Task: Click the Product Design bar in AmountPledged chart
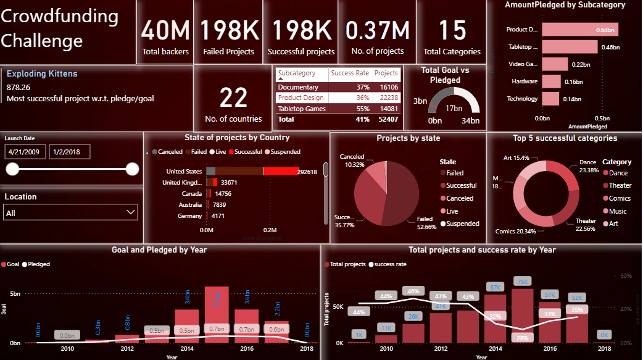point(579,30)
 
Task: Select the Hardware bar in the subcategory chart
point(551,82)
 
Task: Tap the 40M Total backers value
point(165,30)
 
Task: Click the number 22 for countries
point(233,97)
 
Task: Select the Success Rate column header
point(350,73)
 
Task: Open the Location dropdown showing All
point(71,213)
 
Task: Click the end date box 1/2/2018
point(69,152)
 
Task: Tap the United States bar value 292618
point(307,172)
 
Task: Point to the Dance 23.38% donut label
point(587,166)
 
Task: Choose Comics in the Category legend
point(620,198)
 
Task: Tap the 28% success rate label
point(521,338)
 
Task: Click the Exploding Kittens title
point(42,73)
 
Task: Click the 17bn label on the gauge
point(454,109)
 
